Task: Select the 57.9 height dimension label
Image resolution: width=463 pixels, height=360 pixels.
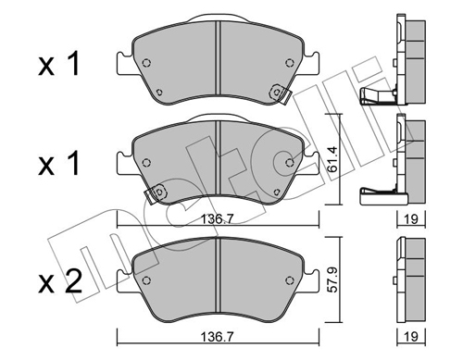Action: coord(332,279)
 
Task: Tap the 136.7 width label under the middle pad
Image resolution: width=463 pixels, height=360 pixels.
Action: coord(218,219)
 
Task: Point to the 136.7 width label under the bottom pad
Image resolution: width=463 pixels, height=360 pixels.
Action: coord(218,337)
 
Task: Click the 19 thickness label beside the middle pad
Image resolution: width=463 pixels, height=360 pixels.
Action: coord(411,219)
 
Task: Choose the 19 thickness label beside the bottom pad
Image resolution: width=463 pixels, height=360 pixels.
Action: coord(411,337)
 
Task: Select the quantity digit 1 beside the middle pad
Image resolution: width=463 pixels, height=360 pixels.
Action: coord(73,164)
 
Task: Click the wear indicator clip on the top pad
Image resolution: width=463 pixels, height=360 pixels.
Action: coord(280,93)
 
